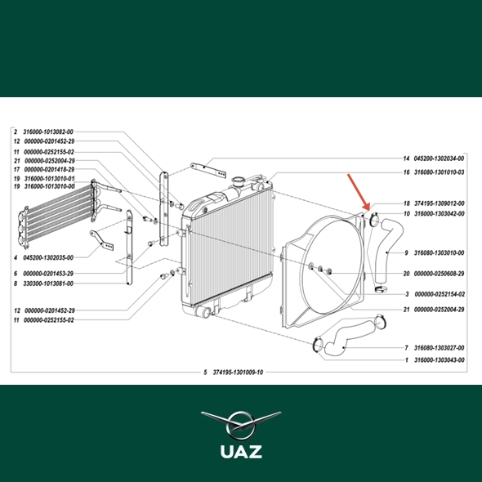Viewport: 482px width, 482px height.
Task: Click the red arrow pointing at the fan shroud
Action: click(358, 192)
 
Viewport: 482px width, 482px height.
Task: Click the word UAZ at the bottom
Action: click(241, 452)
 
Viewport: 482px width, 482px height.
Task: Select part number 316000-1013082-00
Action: click(48, 132)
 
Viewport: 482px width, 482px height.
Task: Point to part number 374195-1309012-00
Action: click(440, 203)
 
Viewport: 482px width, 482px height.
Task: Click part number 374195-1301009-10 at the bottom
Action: click(238, 373)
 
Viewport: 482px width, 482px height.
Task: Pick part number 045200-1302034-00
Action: click(439, 158)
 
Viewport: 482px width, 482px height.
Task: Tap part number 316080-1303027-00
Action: click(439, 348)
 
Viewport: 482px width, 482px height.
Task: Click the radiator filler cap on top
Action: click(238, 180)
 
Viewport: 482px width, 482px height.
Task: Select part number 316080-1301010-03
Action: click(440, 172)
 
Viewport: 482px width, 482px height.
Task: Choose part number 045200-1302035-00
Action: click(48, 257)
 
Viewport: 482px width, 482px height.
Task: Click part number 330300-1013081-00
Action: click(48, 283)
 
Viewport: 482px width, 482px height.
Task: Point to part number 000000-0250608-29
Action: click(439, 274)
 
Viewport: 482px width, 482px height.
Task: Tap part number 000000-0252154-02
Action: click(440, 294)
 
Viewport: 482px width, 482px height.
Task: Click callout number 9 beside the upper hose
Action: click(406, 253)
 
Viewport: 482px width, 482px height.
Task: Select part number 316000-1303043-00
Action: click(440, 360)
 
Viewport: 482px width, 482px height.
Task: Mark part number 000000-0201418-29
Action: click(49, 169)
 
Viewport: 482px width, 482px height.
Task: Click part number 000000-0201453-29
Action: click(49, 274)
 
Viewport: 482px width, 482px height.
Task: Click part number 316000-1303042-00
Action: click(440, 214)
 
